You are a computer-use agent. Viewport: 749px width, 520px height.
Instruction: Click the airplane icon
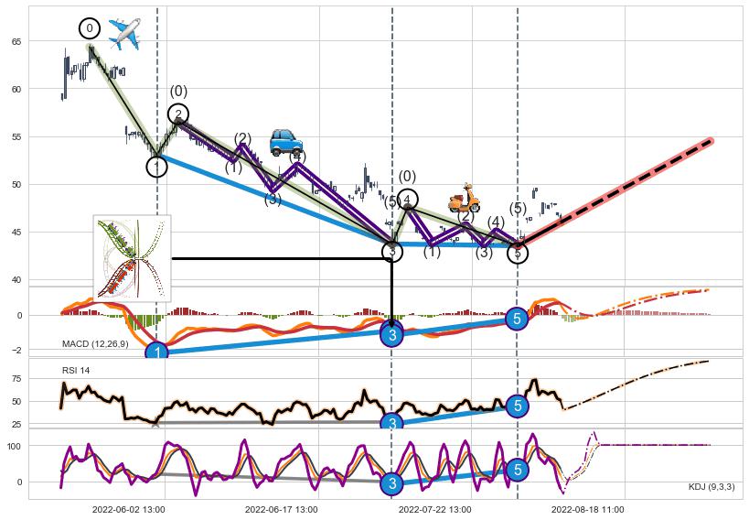[123, 34]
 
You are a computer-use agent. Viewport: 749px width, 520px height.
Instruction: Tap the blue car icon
[286, 142]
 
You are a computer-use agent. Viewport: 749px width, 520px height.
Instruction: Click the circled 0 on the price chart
[90, 28]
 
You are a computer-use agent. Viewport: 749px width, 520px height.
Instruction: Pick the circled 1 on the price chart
[157, 167]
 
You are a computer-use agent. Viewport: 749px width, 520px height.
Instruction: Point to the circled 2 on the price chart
[179, 114]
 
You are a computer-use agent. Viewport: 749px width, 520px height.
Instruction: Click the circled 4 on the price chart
[407, 200]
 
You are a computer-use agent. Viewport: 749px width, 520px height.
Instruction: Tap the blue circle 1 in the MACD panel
[157, 352]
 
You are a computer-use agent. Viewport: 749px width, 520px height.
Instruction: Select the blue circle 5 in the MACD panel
[518, 319]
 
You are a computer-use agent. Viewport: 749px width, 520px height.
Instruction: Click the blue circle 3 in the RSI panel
[391, 424]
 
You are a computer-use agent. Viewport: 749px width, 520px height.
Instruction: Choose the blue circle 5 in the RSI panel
[518, 405]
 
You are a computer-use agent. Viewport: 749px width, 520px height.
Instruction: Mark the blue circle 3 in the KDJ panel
[391, 483]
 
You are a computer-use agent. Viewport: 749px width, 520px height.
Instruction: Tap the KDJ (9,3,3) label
[711, 486]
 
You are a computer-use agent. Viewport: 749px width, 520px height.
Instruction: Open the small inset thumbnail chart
[133, 258]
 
